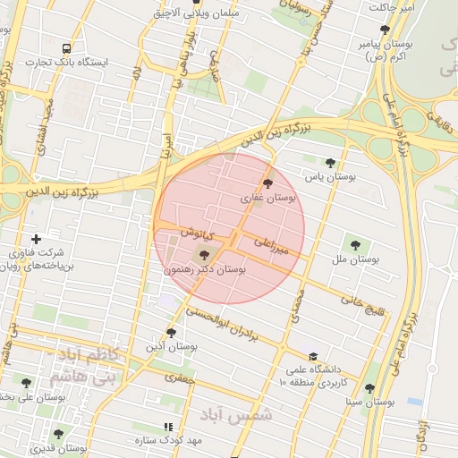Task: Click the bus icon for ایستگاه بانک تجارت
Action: point(67,48)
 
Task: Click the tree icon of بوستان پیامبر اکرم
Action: point(385,30)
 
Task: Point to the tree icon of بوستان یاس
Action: point(331,163)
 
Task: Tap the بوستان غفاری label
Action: point(267,197)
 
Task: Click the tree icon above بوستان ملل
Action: point(355,243)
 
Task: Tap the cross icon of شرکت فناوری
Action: point(36,239)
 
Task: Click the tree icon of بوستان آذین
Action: point(171,332)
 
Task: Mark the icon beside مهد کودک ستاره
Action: point(167,428)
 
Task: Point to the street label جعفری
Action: point(178,379)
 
